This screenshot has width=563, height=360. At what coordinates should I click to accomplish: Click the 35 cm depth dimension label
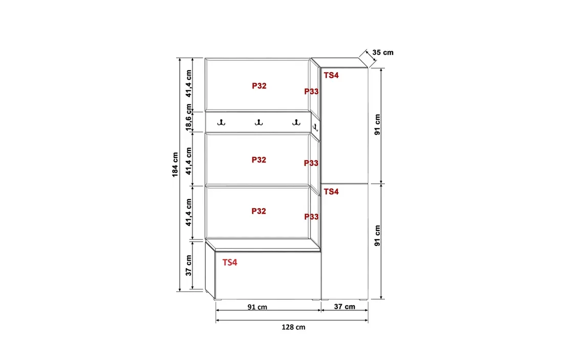[x=383, y=52]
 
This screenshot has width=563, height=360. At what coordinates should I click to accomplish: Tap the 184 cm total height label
[x=175, y=164]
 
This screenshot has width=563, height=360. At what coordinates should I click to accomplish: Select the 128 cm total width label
[x=293, y=327]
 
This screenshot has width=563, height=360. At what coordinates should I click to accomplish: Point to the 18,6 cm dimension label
[x=188, y=117]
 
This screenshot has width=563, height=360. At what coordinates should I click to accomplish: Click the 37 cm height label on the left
[x=188, y=265]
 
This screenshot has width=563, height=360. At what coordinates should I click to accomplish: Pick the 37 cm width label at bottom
[x=344, y=306]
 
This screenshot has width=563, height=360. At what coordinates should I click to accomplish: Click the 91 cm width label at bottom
[x=257, y=307]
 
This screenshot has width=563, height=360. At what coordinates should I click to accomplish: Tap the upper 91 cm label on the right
[x=377, y=124]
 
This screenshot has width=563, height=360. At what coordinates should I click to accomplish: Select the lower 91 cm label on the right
[x=377, y=236]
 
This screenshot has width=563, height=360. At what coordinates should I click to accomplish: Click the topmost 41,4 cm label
[x=188, y=83]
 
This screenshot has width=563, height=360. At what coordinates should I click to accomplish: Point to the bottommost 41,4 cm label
[x=188, y=213]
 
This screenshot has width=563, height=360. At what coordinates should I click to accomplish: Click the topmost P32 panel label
[x=259, y=86]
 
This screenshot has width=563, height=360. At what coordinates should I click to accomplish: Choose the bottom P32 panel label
[x=258, y=211]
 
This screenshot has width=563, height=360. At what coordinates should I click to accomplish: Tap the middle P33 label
[x=311, y=163]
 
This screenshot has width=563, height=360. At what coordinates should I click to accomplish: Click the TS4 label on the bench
[x=230, y=263]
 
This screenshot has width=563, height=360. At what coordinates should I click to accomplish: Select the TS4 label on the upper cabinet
[x=331, y=75]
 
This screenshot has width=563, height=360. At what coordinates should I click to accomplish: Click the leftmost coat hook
[x=221, y=122]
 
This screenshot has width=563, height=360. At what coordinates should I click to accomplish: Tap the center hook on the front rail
[x=258, y=122]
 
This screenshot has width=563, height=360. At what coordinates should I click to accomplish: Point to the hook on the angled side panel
[x=315, y=128]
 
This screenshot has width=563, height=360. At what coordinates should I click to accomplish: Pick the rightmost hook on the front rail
[x=296, y=122]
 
